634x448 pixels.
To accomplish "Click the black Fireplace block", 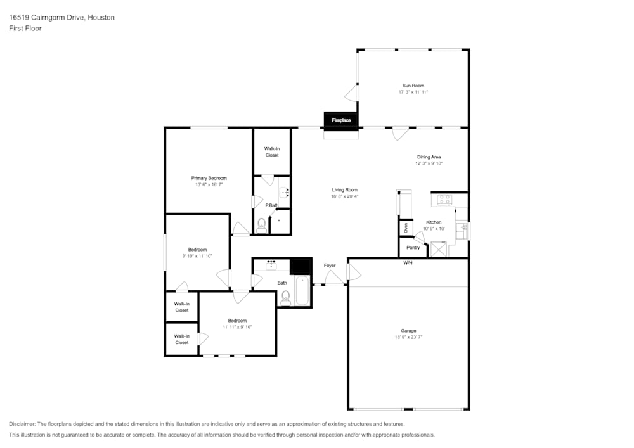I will pyautogui.click(x=341, y=120).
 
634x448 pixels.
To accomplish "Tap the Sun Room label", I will pyautogui.click(x=413, y=86).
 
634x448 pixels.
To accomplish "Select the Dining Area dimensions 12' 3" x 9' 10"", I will pyautogui.click(x=429, y=163).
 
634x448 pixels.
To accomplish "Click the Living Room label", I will pyautogui.click(x=344, y=190).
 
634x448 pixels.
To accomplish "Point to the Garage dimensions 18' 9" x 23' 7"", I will pyautogui.click(x=408, y=337).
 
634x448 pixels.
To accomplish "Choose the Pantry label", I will pyautogui.click(x=413, y=248).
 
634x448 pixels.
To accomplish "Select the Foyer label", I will pyautogui.click(x=330, y=266).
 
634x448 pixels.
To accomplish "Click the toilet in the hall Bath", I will pyautogui.click(x=285, y=297).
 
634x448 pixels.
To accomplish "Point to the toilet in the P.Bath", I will pyautogui.click(x=261, y=224).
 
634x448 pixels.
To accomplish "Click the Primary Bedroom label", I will pyautogui.click(x=209, y=178).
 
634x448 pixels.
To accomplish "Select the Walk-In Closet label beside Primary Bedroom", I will pyautogui.click(x=271, y=152).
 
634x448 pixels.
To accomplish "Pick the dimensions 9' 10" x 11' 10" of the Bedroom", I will pyautogui.click(x=197, y=256).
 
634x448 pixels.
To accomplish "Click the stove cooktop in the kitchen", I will pyautogui.click(x=444, y=200).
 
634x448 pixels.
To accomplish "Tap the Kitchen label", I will pyautogui.click(x=434, y=222).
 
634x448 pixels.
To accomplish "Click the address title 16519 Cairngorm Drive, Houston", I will pyautogui.click(x=61, y=18).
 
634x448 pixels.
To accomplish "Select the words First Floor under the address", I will pyautogui.click(x=25, y=29).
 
